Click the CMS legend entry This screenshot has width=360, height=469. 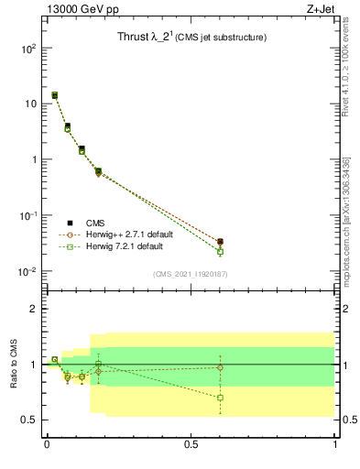(x=94, y=223)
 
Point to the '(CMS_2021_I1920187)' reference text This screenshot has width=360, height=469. (x=190, y=275)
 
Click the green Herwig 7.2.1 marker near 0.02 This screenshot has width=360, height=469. (x=220, y=251)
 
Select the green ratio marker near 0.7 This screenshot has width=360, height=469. (x=220, y=398)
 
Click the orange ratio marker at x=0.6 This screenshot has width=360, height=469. (x=220, y=367)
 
